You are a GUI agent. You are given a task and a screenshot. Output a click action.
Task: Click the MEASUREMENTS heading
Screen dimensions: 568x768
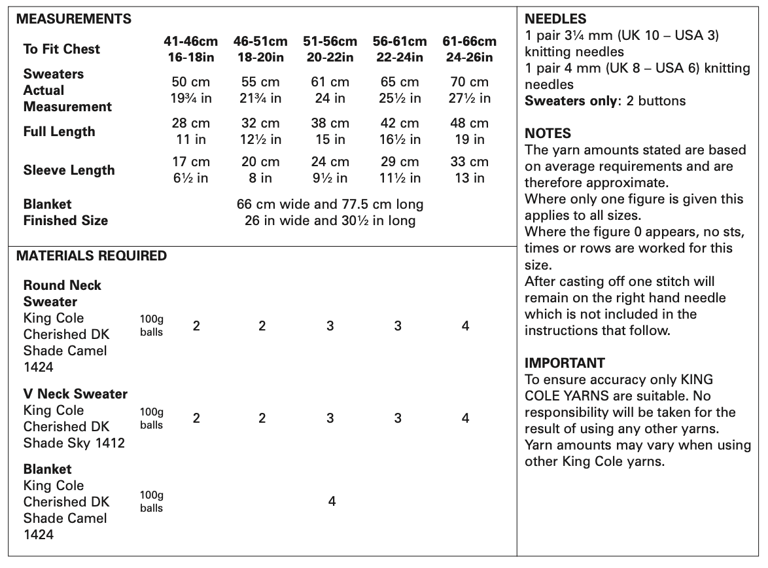coord(73,19)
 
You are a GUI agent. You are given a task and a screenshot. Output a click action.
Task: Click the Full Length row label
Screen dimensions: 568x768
coord(59,132)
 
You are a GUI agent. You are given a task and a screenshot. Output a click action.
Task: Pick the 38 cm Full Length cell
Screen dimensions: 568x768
coord(330,124)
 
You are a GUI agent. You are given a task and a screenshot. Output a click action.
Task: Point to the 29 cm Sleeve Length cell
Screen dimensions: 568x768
coord(400,162)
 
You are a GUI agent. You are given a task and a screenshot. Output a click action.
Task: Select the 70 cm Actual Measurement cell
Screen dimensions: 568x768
coord(469,82)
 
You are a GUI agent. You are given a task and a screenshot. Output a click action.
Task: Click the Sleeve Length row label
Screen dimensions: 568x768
coord(69,170)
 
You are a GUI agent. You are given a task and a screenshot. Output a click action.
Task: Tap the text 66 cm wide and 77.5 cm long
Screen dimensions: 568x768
coord(330,204)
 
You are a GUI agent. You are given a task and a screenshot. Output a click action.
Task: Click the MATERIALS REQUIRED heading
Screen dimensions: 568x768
coord(91,256)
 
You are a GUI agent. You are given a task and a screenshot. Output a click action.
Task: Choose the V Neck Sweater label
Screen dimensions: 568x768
coord(75,394)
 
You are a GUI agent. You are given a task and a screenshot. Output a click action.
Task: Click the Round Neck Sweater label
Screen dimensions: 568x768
coord(62,293)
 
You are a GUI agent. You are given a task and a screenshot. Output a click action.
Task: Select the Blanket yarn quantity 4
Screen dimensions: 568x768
coord(332,501)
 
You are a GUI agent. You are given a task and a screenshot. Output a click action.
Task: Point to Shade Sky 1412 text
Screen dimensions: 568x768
coord(74,443)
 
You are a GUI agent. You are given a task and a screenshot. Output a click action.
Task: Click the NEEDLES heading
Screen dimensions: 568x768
coord(555,19)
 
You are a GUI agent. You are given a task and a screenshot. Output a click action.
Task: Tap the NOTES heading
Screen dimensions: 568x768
coord(548,133)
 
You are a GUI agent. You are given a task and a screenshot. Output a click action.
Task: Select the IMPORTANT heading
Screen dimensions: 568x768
coord(565,363)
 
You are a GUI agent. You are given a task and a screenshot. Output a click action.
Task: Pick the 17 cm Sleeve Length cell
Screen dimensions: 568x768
coord(191,162)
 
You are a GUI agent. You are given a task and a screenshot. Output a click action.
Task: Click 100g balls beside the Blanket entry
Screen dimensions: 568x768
coord(151,502)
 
